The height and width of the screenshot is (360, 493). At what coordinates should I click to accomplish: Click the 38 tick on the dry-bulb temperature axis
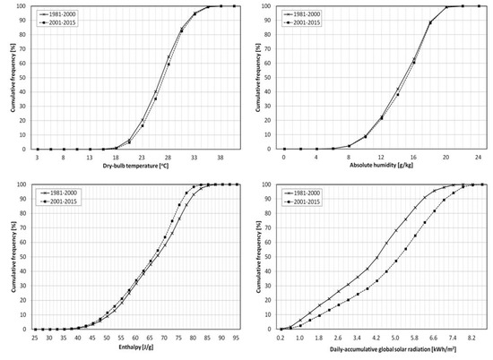pos(221,157)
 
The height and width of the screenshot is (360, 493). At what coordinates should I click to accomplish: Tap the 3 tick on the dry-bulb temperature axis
pos(37,157)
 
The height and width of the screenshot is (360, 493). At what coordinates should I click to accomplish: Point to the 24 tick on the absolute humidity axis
pos(479,157)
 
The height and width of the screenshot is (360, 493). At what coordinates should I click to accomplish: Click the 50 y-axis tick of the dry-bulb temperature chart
pos(27,78)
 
